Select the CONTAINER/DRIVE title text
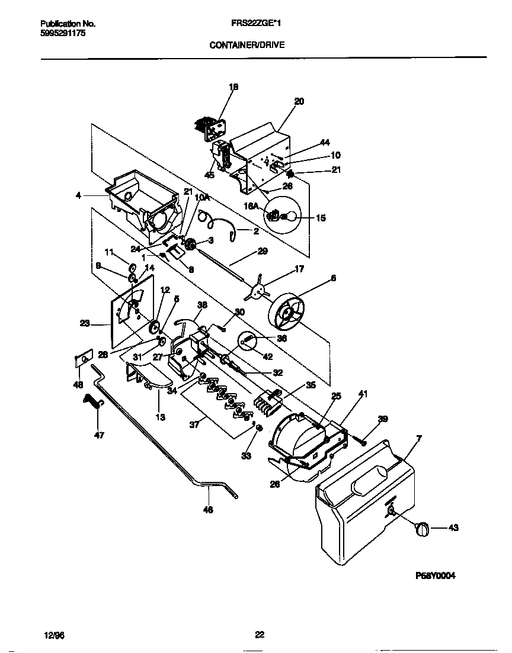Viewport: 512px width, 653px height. pos(243,44)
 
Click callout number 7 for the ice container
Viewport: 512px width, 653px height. pos(420,439)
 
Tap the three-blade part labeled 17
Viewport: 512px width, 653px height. pos(257,290)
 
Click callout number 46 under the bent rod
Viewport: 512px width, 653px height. pos(209,509)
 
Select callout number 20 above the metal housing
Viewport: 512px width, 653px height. pos(299,102)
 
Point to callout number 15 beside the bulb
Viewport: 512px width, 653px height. pos(320,218)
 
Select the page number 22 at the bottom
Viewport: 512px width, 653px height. pos(260,635)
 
